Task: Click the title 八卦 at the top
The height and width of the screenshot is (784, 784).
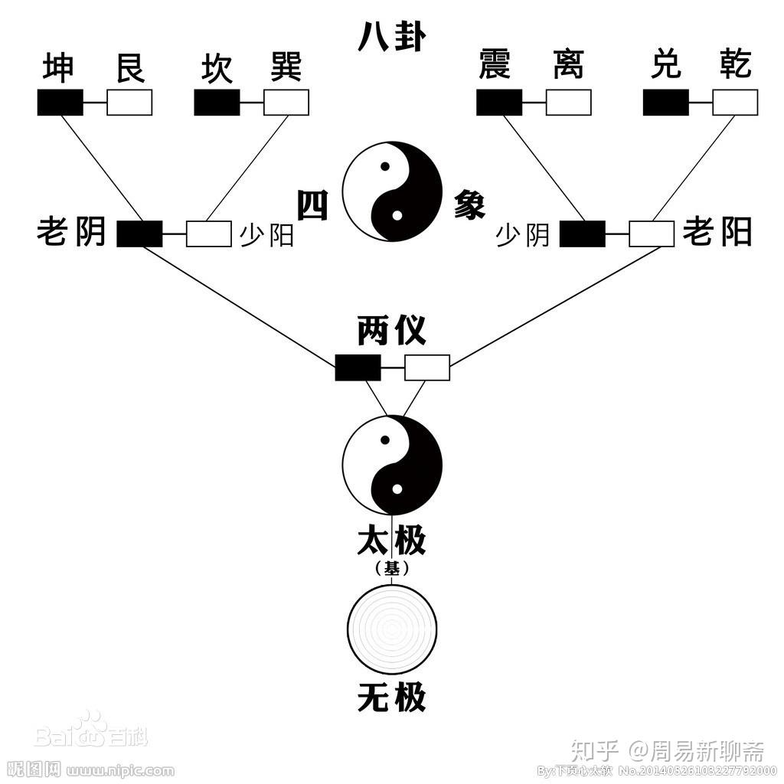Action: click(x=391, y=36)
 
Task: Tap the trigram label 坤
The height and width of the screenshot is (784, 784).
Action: click(x=59, y=67)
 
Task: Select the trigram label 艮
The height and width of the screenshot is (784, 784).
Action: click(x=129, y=67)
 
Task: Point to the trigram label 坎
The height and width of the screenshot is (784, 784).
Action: click(x=216, y=67)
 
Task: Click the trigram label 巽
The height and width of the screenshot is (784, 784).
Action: click(x=286, y=67)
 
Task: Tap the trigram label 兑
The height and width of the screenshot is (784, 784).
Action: click(x=665, y=66)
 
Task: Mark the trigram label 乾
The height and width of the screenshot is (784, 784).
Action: click(x=736, y=66)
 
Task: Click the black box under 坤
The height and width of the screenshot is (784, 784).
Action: click(x=60, y=103)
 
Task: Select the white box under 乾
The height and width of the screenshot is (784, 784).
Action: click(x=735, y=103)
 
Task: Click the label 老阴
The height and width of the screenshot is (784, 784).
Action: click(x=71, y=231)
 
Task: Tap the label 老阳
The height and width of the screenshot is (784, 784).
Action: click(x=717, y=231)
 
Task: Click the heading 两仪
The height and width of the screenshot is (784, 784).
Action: click(x=391, y=332)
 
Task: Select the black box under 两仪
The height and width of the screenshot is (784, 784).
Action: click(x=358, y=367)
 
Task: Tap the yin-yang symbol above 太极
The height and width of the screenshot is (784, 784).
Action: click(x=392, y=465)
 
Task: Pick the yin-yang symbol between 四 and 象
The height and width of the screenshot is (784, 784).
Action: click(x=392, y=191)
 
